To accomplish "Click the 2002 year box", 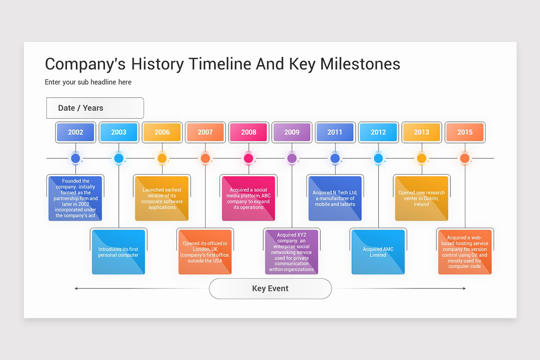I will (x=76, y=132).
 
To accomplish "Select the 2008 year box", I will (x=248, y=132).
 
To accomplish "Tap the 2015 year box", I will (x=465, y=132).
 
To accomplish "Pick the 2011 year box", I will (x=335, y=132).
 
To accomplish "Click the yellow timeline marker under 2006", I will (x=162, y=158).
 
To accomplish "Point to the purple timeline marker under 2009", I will (x=292, y=158).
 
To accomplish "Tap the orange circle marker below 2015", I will (x=465, y=158).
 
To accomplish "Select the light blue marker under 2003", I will (x=119, y=158).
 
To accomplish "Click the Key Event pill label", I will (x=270, y=288).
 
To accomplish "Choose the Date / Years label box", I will (x=95, y=108).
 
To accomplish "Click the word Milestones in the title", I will (x=360, y=64).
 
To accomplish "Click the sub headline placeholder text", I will (x=88, y=82).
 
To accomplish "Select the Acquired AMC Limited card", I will (x=378, y=252).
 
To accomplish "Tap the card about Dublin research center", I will (x=422, y=198).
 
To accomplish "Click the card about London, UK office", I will (x=205, y=252).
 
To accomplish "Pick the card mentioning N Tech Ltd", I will (x=335, y=198).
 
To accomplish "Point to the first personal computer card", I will (x=118, y=252).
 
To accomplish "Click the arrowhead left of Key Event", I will (x=76, y=288).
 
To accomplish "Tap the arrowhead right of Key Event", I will (x=464, y=288).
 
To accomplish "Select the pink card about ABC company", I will (x=248, y=198).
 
